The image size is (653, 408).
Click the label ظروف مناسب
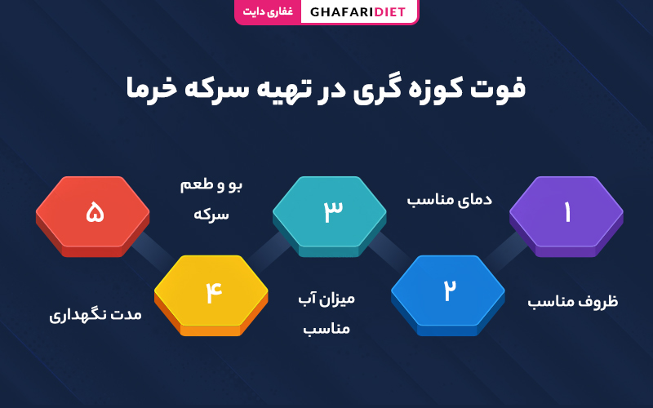(573, 301)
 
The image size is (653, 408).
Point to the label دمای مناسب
(450, 199)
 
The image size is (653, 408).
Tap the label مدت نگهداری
(96, 314)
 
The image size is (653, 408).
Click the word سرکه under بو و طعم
(211, 215)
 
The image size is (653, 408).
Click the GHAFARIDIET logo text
(358, 11)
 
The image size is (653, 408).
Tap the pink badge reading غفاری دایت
(268, 11)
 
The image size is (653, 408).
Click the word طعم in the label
(197, 184)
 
